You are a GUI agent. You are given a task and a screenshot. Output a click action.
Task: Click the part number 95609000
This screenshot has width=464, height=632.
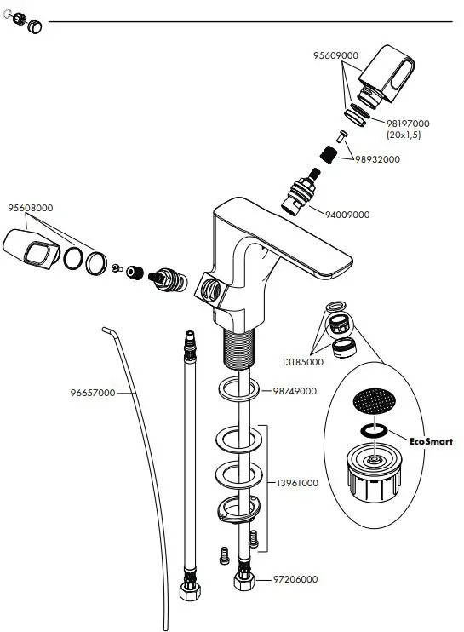click(x=335, y=55)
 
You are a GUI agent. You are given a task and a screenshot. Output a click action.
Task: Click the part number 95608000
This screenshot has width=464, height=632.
click(x=31, y=208)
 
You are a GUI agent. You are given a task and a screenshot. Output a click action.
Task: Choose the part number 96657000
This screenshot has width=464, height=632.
click(x=93, y=394)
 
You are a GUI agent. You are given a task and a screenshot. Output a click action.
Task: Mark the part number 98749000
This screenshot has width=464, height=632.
click(x=295, y=391)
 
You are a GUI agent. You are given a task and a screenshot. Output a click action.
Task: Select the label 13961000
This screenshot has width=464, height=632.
click(x=296, y=483)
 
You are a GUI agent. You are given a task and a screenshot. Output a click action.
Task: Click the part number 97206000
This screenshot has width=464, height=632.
click(x=295, y=579)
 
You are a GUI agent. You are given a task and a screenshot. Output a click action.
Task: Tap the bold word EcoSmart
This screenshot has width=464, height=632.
click(x=432, y=442)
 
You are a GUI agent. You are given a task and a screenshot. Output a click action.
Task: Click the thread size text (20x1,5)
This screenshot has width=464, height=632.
click(x=404, y=135)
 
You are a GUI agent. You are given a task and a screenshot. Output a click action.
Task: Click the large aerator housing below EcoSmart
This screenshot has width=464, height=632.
click(x=375, y=474)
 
